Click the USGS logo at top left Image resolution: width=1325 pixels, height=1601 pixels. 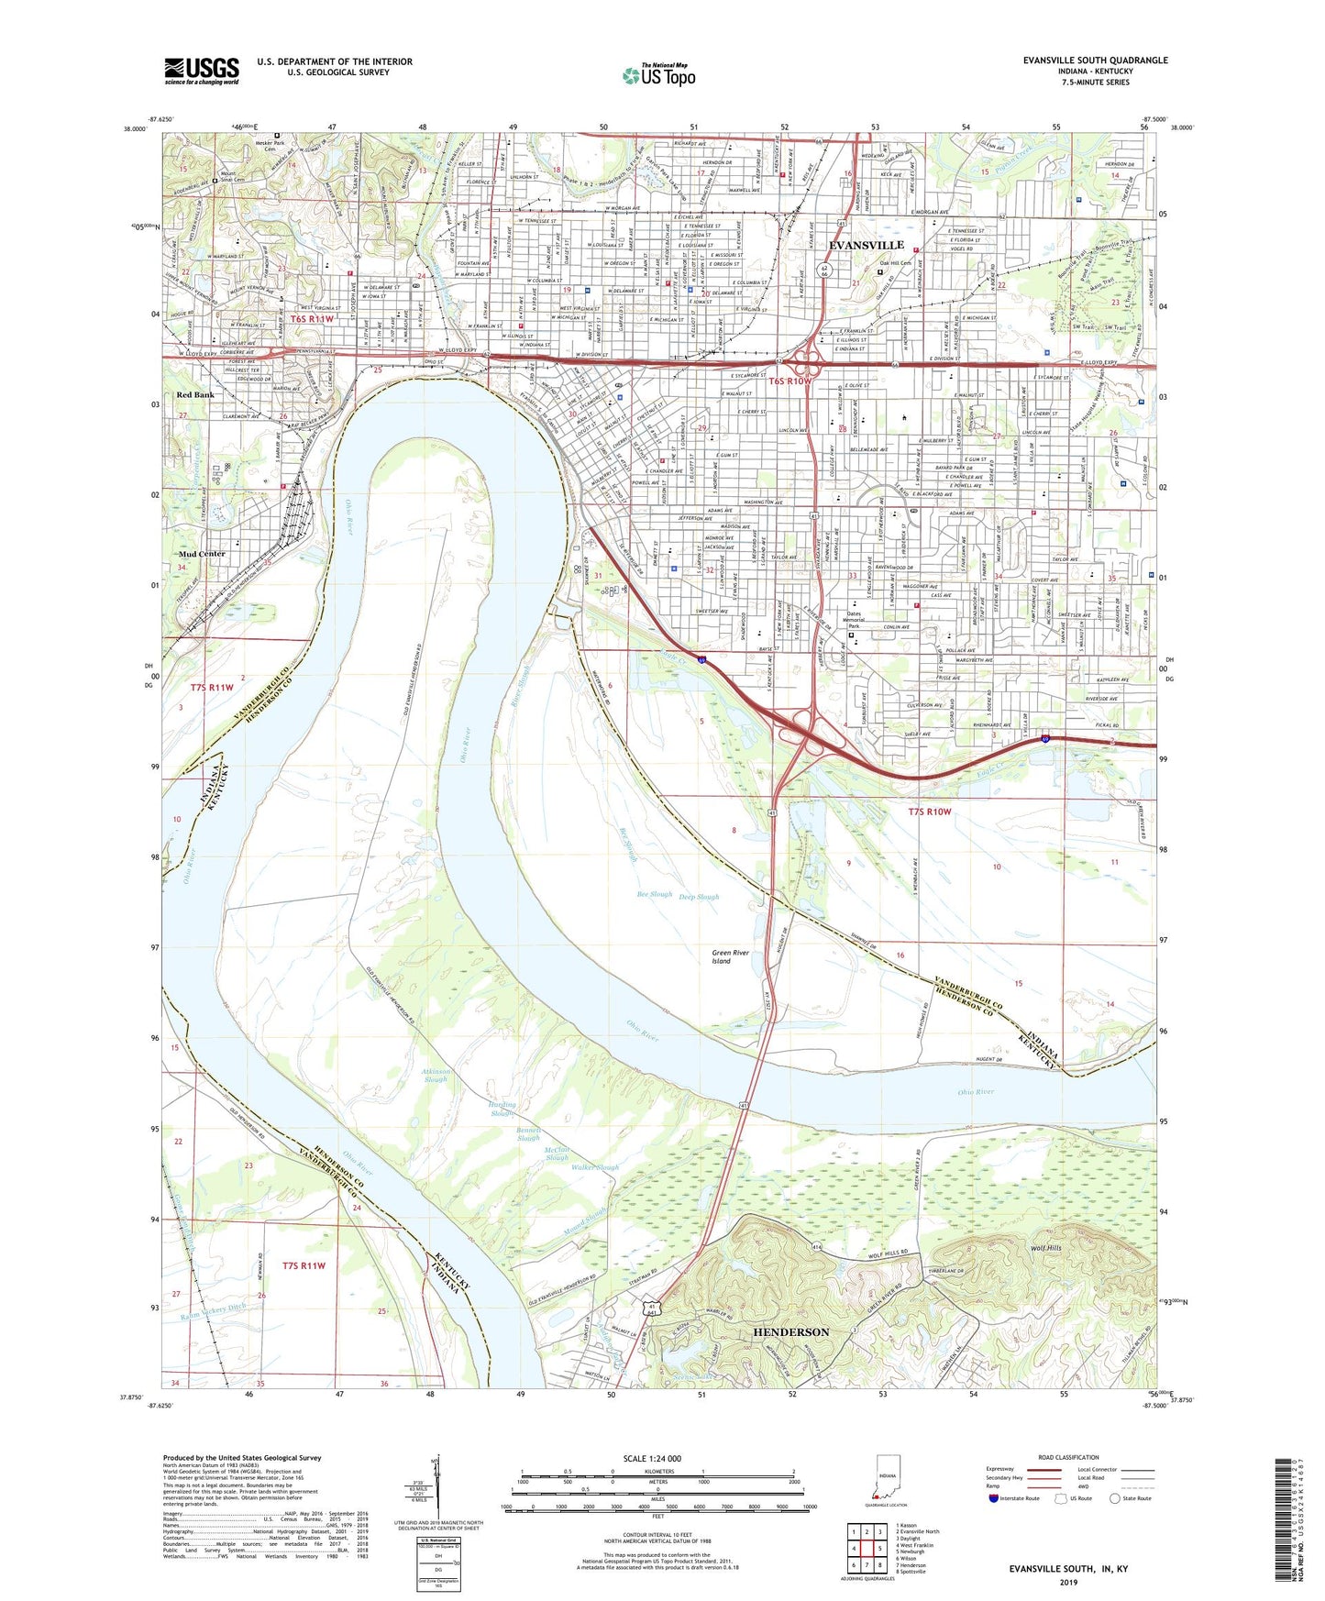coord(202,70)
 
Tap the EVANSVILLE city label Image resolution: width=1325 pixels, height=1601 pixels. coord(866,245)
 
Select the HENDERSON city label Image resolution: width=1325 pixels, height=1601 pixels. coord(790,1331)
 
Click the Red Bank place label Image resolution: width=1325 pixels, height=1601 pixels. coord(194,395)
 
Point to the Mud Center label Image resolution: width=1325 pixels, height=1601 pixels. coord(202,554)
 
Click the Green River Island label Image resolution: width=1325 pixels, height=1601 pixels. coord(730,957)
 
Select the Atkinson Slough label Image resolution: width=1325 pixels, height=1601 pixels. coord(436,1076)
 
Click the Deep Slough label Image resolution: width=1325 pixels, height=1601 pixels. coord(699,897)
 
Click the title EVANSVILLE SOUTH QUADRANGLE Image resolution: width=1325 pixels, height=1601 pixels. coord(1095,61)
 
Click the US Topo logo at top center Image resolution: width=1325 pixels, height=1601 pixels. coord(658,75)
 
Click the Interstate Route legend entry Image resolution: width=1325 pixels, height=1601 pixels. coord(1014,1498)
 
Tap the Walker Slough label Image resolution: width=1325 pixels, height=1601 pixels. coord(595,1168)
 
